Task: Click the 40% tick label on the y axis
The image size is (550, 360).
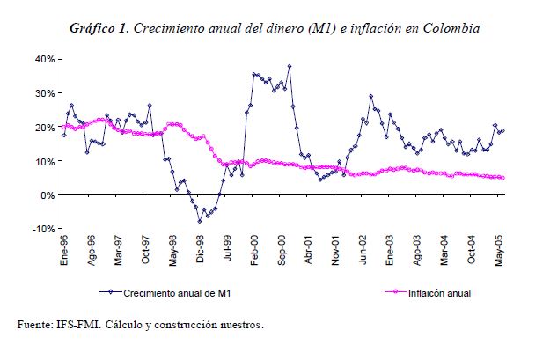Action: pyautogui.click(x=44, y=59)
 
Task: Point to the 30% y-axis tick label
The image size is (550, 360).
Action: pyautogui.click(x=44, y=93)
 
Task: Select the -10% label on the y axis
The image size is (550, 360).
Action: pyautogui.click(x=42, y=229)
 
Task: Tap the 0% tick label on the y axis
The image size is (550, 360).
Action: pyautogui.click(x=48, y=195)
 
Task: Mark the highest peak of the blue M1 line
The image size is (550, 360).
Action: pyautogui.click(x=290, y=66)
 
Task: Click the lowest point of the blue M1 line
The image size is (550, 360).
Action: pyautogui.click(x=200, y=221)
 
